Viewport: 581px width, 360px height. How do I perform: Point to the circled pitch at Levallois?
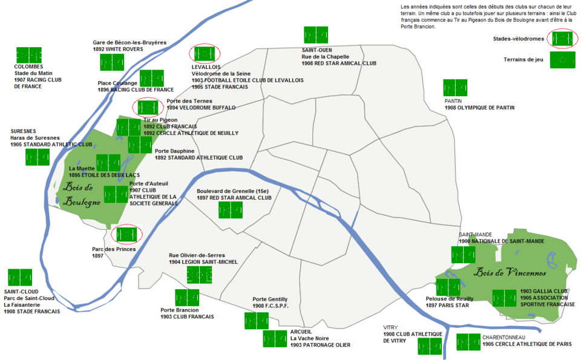click(x=204, y=54)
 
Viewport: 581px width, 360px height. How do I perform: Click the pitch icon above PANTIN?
click(x=455, y=88)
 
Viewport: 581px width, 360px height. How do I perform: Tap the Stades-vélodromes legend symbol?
click(x=562, y=38)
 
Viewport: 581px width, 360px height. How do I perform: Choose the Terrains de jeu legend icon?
click(x=562, y=60)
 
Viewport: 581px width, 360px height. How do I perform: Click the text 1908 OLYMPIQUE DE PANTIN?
click(x=479, y=108)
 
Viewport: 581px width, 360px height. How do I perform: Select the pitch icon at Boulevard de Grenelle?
click(x=230, y=210)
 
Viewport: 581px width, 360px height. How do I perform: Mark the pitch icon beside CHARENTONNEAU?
click(x=468, y=342)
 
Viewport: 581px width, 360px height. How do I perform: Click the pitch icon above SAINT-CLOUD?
click(x=20, y=278)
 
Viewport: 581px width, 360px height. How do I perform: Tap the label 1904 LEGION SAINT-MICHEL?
click(x=203, y=262)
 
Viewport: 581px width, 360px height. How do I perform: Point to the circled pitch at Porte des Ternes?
click(x=148, y=107)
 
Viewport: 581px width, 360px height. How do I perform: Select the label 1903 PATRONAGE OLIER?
click(x=320, y=345)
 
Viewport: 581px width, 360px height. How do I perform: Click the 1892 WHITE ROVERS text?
click(x=118, y=50)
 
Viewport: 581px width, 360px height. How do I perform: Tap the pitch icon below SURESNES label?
click(x=38, y=157)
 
